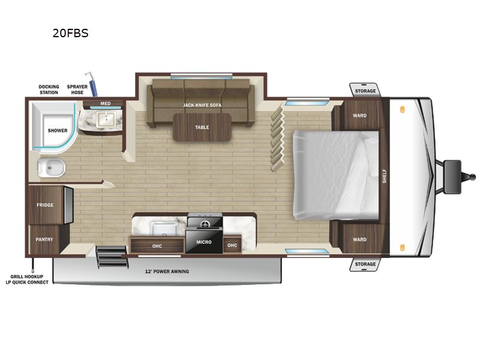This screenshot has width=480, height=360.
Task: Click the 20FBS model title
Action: coord(70,34)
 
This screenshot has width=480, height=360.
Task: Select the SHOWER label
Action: coord(58,130)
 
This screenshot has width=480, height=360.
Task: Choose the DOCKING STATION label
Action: coord(49,89)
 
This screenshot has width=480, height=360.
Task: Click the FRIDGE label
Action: coord(45,205)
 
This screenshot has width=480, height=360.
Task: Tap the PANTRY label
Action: coord(44,239)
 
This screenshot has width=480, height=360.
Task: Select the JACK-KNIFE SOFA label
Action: coord(202,105)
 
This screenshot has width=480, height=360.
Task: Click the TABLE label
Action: coord(202,127)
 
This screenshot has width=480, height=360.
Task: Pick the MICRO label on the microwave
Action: coord(204,242)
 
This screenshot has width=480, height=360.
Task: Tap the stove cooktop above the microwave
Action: coord(204,223)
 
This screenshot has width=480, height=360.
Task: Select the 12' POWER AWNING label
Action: coord(167,272)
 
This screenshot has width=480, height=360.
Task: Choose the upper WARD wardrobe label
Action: coord(359,116)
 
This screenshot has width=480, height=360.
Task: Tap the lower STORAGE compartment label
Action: coord(365,264)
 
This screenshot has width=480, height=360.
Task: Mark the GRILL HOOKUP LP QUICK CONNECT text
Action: coord(27,280)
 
